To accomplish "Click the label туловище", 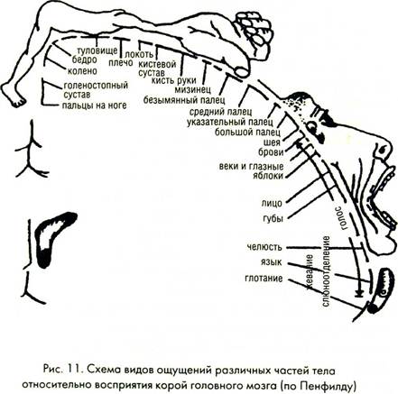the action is [97, 50].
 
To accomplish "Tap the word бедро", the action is [85, 60].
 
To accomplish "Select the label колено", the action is [82, 71].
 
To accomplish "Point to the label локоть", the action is [139, 54].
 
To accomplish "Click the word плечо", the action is [121, 63].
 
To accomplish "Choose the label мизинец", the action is [192, 89].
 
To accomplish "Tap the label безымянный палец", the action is [184, 99].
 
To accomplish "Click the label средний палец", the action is [220, 112].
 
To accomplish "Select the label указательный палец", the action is [229, 122].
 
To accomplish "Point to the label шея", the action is [272, 142].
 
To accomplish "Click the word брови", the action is [271, 152].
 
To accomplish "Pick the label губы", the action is [273, 219].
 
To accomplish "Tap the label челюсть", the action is [264, 247].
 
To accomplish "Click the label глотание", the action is [264, 279].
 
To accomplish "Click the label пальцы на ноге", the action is [95, 105].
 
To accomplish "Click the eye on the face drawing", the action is [311, 126].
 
